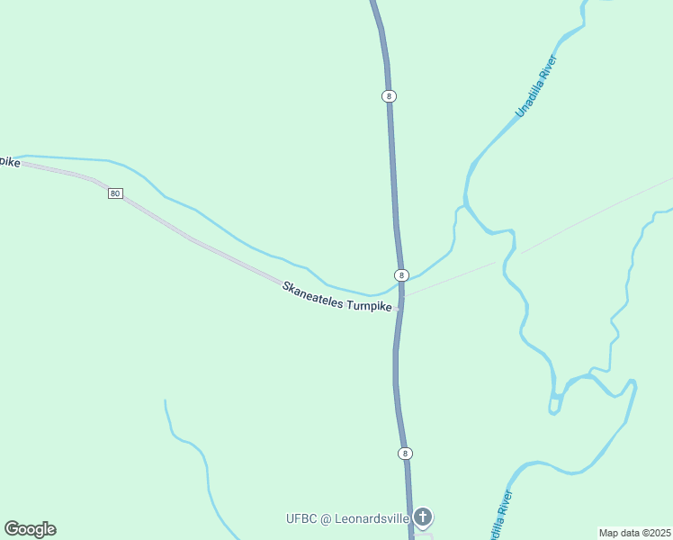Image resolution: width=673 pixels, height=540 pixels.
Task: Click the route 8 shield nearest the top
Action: click(389, 95)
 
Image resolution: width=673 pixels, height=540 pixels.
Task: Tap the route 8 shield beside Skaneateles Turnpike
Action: click(402, 274)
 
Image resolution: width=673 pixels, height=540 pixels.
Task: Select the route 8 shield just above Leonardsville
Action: click(405, 453)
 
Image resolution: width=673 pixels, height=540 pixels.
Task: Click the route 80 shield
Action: click(115, 193)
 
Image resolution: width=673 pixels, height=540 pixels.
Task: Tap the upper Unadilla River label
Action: click(537, 87)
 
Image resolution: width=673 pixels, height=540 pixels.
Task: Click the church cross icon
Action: click(423, 517)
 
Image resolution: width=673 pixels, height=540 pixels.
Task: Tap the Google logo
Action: click(30, 529)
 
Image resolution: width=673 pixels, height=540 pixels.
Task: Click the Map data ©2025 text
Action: click(635, 533)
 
